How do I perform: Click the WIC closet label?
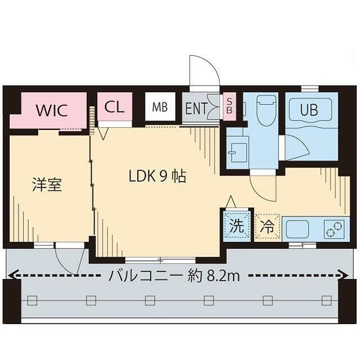click(52, 110)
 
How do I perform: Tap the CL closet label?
click(114, 107)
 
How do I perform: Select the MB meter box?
click(160, 107)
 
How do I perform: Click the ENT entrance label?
click(196, 108)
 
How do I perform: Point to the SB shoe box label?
click(229, 106)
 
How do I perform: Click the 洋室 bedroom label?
click(46, 184)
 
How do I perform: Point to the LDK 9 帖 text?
click(157, 177)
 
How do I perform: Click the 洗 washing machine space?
click(237, 226)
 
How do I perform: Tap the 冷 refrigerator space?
click(268, 227)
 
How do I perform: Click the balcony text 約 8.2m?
click(214, 276)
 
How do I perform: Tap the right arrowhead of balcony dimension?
click(344, 275)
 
